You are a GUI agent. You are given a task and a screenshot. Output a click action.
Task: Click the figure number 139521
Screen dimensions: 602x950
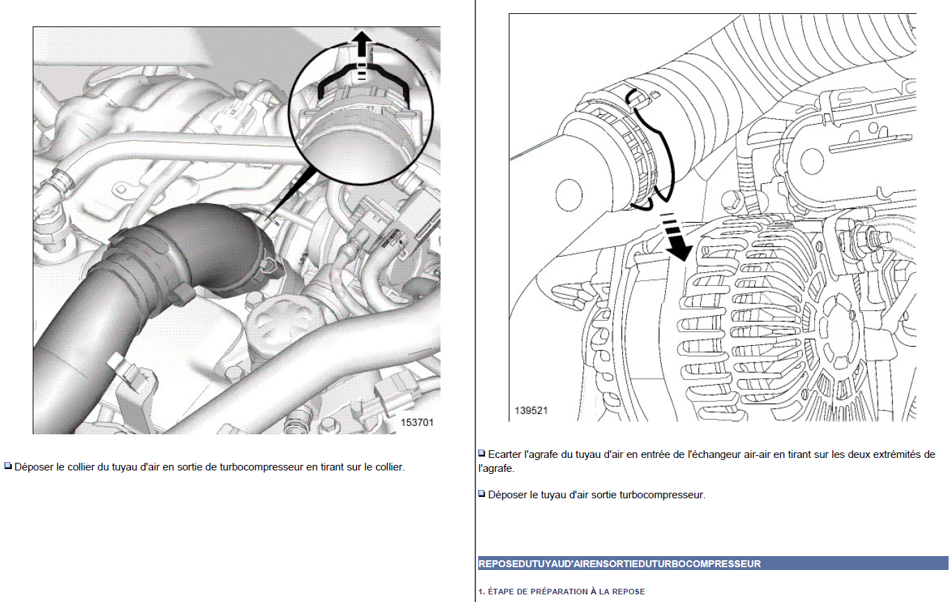[531, 411]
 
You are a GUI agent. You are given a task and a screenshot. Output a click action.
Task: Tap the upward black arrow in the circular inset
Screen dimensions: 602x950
[360, 47]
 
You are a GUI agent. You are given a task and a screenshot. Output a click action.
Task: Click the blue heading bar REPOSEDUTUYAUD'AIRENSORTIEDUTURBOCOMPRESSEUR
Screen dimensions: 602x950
[713, 563]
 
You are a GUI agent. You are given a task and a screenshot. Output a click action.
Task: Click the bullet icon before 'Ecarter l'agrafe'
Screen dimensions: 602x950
[482, 454]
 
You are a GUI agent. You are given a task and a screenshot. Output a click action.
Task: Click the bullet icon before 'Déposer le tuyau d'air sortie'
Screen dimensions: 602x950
[482, 494]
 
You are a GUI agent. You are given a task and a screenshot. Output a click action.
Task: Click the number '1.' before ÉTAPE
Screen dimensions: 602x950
[482, 592]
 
